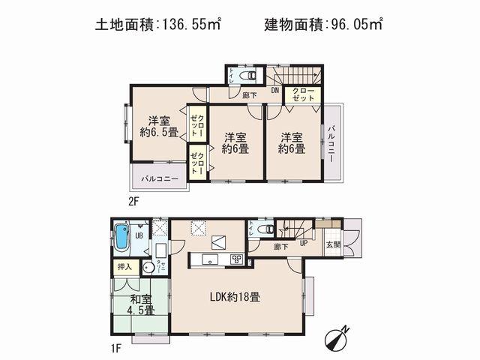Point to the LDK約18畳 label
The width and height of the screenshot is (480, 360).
tap(235, 297)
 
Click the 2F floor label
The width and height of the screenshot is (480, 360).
tap(133, 201)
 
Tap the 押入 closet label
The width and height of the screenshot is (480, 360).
tap(124, 267)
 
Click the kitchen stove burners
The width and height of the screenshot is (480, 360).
tap(236, 259)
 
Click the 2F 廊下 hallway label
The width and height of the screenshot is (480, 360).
tap(250, 95)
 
